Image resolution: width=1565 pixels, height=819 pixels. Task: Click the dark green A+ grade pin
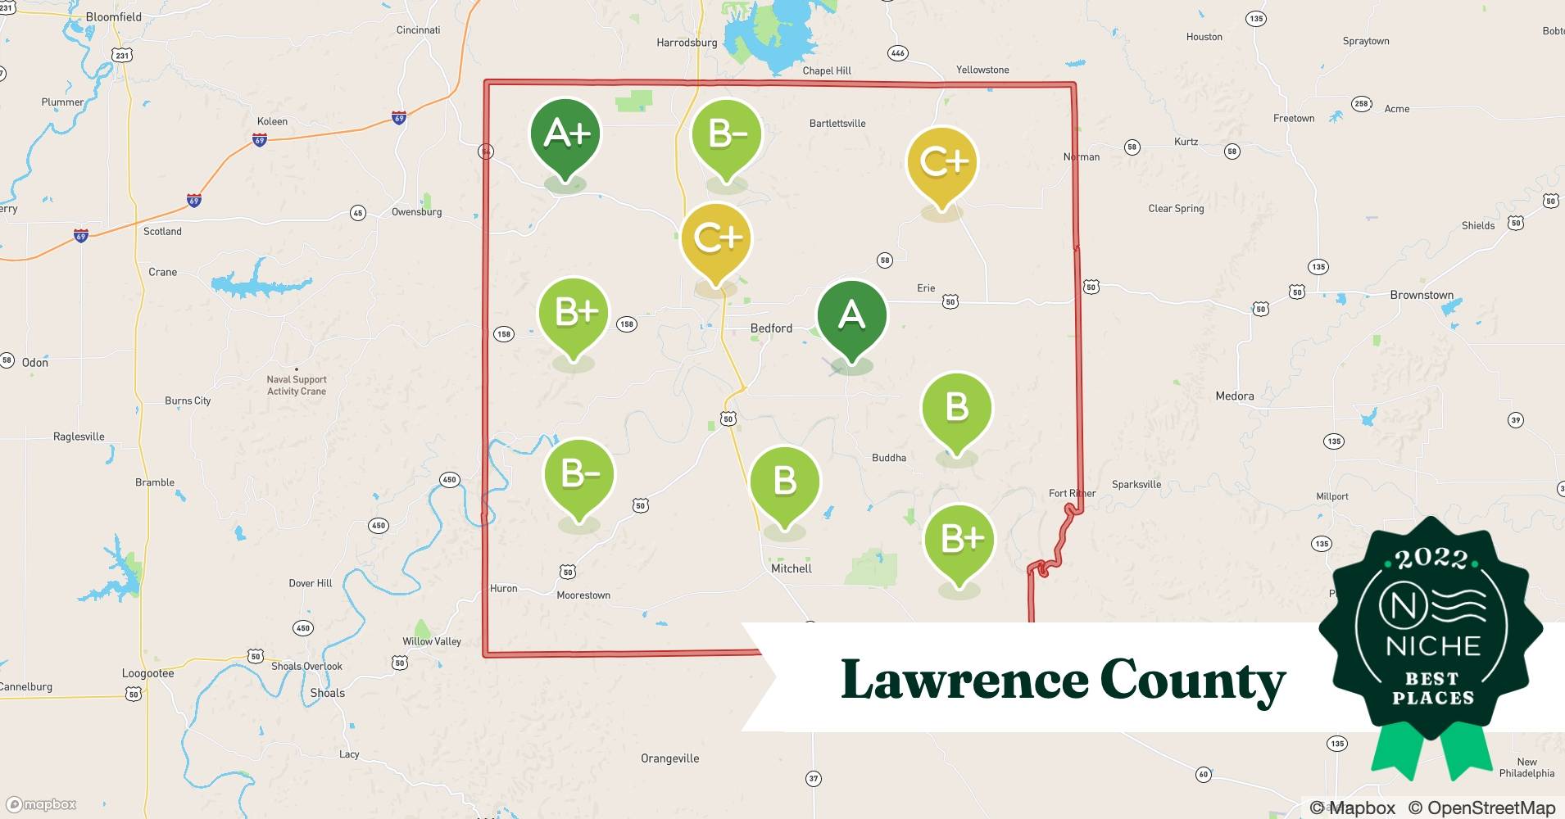tap(565, 135)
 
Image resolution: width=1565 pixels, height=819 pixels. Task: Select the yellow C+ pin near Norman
tap(942, 162)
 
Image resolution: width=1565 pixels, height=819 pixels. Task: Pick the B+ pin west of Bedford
tap(574, 314)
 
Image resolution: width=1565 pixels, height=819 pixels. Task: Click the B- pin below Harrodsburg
tap(727, 135)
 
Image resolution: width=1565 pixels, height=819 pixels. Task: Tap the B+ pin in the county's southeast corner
tap(959, 540)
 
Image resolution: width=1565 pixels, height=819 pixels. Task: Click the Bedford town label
tap(771, 328)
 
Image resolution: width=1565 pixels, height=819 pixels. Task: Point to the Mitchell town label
tap(791, 568)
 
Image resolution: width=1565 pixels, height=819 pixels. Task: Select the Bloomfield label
tap(113, 16)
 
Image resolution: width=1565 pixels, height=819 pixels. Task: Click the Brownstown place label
tap(1421, 295)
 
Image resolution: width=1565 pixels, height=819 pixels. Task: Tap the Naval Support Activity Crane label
tap(296, 385)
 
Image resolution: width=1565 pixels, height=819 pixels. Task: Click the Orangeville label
tap(669, 758)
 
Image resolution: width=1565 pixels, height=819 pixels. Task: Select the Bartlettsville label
tap(837, 124)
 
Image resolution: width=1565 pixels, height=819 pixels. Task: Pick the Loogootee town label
tap(147, 673)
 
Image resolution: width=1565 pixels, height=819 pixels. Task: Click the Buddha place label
tap(888, 458)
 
